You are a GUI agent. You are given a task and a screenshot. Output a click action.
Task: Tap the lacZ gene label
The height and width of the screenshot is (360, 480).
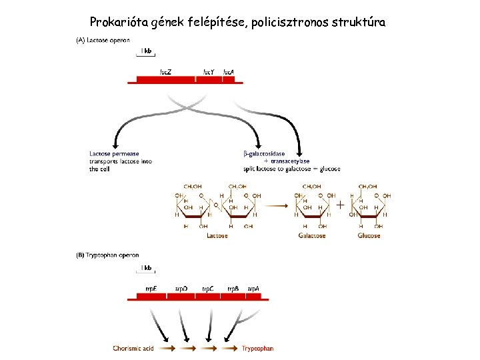pos(166,71)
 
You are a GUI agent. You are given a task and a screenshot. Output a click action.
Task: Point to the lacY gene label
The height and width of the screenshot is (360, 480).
pos(209,71)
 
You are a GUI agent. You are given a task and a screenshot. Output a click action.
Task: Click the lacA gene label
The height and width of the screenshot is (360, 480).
pos(228,71)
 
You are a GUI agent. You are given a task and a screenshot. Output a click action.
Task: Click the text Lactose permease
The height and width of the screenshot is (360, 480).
pos(115,154)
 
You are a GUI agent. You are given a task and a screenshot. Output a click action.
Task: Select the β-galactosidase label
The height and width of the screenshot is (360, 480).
pos(264,154)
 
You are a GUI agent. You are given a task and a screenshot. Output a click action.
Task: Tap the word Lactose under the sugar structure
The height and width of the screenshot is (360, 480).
pos(217,235)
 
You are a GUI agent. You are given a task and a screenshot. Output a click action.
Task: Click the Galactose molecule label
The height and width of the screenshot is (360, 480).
pos(311,235)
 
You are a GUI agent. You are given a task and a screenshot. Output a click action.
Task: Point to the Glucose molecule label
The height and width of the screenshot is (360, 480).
pos(369,235)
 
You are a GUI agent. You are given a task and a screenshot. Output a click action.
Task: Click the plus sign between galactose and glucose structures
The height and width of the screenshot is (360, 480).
pos(341,205)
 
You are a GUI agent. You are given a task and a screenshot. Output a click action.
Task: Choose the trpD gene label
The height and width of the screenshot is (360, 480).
pos(181,288)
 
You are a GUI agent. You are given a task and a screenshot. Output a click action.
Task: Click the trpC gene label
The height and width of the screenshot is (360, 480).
pos(207,288)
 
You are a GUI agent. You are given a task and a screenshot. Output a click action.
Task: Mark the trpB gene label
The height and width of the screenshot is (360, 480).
pos(233,288)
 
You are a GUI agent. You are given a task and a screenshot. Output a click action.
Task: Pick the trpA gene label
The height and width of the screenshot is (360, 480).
pos(253,288)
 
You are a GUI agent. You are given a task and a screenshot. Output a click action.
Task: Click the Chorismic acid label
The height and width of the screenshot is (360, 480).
pos(133,348)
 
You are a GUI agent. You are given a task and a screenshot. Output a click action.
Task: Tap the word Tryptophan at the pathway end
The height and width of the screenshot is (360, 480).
pos(257,348)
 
